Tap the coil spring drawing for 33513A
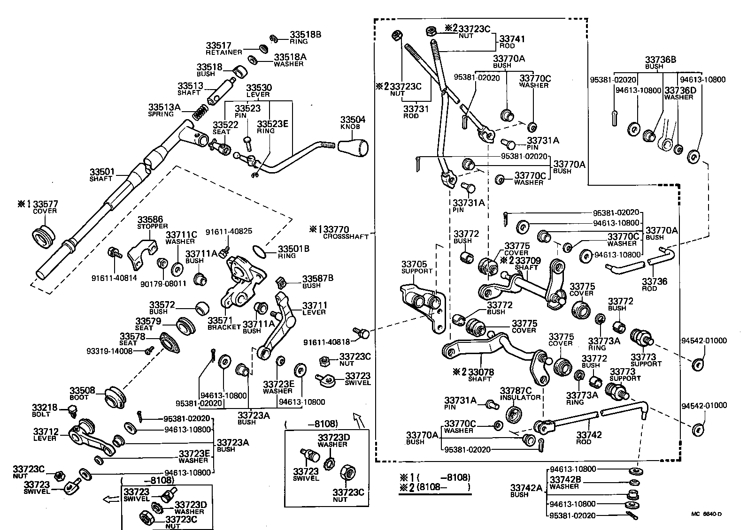[201, 113]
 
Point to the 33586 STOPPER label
[152, 222]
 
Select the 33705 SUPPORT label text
[417, 267]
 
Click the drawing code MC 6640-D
[706, 514]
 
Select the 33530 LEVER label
[259, 91]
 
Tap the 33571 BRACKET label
[224, 323]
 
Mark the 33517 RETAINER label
[223, 48]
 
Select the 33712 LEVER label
[45, 434]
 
